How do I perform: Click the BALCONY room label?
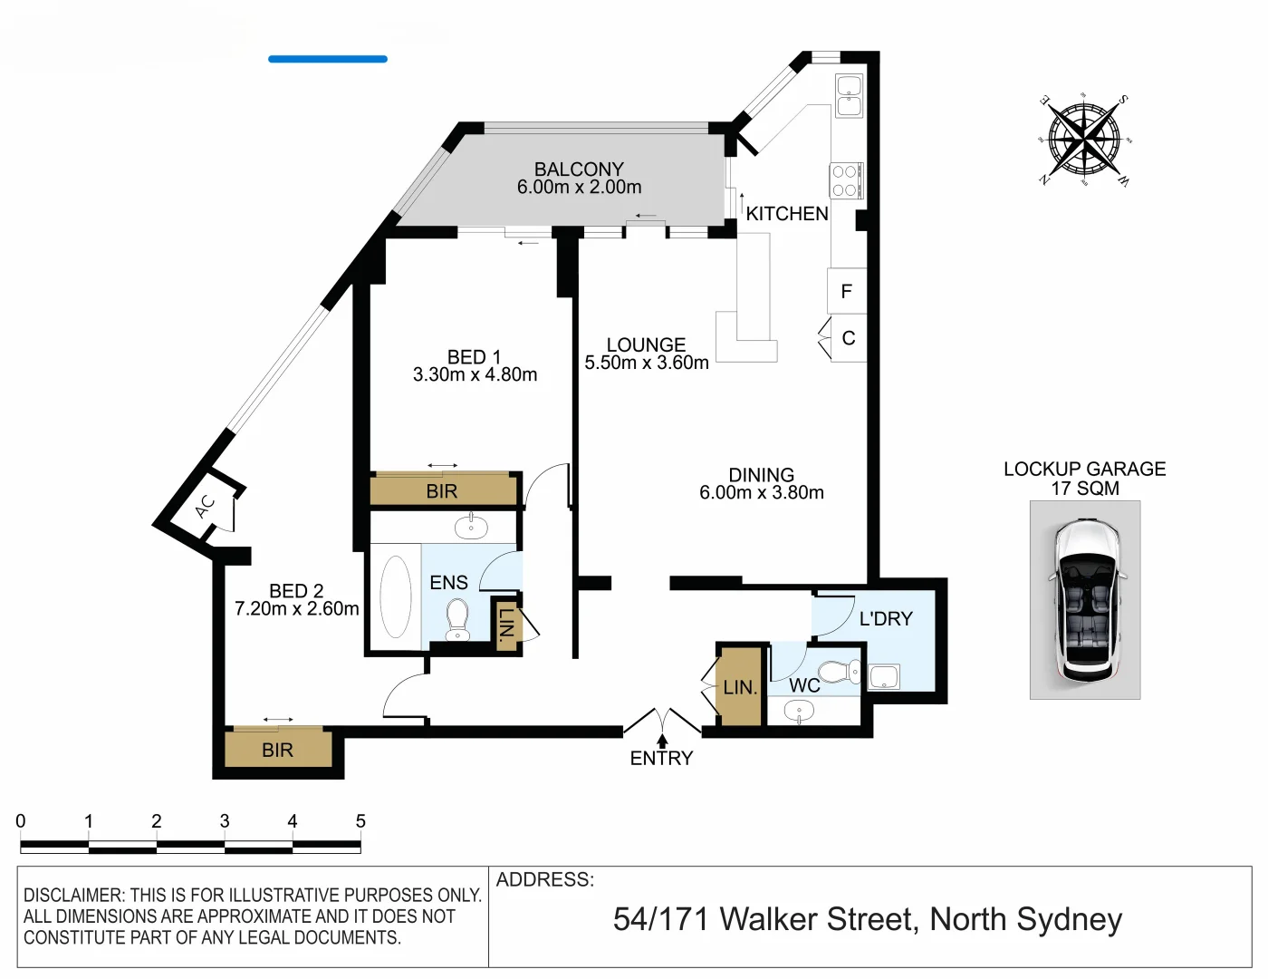(579, 170)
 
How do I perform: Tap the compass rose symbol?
(1084, 140)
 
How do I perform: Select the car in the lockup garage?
(1085, 600)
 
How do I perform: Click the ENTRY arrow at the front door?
(662, 741)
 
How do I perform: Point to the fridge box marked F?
(847, 291)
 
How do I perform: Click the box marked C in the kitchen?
(849, 338)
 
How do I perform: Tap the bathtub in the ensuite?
(396, 596)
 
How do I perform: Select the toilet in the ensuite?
(458, 617)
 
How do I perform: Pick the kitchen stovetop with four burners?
(846, 180)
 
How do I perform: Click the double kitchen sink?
(849, 96)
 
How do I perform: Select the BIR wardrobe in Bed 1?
(442, 490)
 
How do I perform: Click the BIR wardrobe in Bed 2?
(277, 750)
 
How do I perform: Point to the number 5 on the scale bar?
(360, 821)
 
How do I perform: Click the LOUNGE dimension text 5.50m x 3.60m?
(647, 363)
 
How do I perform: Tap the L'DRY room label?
(886, 618)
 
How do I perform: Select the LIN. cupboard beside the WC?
(740, 687)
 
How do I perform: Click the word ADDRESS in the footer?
(544, 879)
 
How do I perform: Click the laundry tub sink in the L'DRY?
(884, 676)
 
